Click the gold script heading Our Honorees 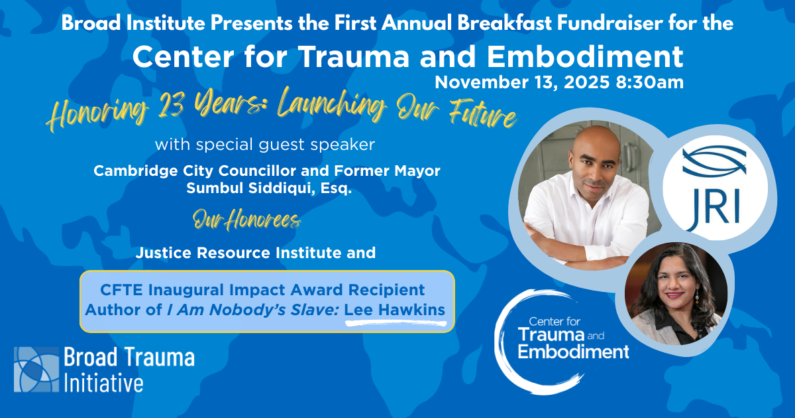tap(246, 220)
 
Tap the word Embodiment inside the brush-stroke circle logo tap(574, 352)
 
